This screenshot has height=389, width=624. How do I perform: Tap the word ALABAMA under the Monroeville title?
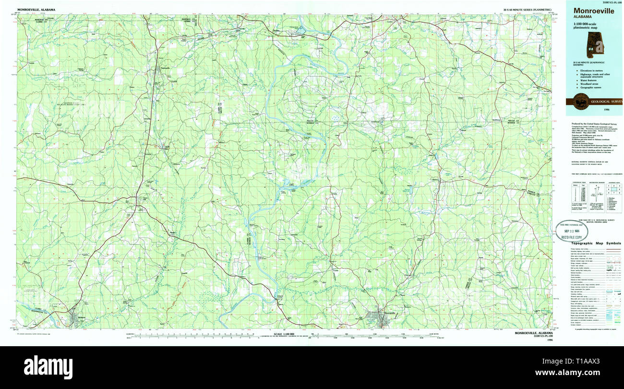coord(583,17)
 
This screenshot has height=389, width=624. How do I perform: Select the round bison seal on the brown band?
coord(578,101)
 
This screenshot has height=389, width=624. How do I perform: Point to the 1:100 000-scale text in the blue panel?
coord(586,24)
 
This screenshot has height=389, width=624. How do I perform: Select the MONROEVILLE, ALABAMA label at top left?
coord(36,10)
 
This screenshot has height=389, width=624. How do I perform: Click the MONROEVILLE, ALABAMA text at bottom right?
coord(533,333)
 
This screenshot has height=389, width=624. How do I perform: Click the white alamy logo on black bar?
coord(48,367)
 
